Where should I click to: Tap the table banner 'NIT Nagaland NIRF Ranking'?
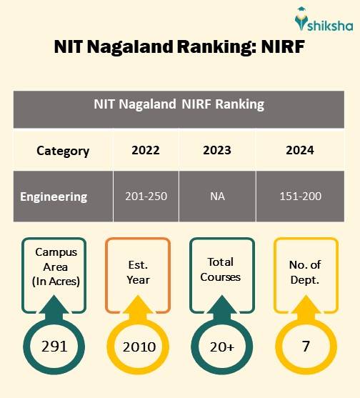pos(179,104)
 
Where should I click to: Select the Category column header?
pos(63,151)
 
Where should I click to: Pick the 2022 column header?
pos(146,151)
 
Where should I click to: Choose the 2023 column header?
pos(217,151)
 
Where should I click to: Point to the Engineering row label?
pos(54,196)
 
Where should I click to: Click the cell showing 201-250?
pos(146,196)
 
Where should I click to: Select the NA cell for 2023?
pos(217,196)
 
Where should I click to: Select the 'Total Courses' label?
pos(221,269)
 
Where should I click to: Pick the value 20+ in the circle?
pos(221,347)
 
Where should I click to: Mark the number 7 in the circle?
pos(306,347)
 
